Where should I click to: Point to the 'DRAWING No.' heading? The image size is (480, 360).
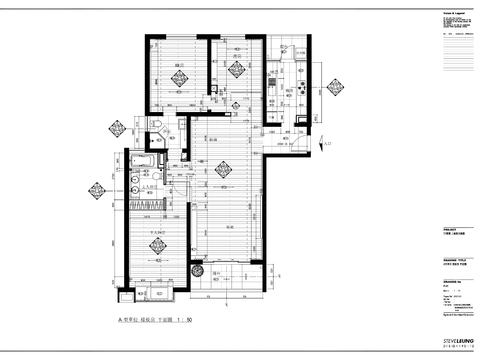point(450,281)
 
